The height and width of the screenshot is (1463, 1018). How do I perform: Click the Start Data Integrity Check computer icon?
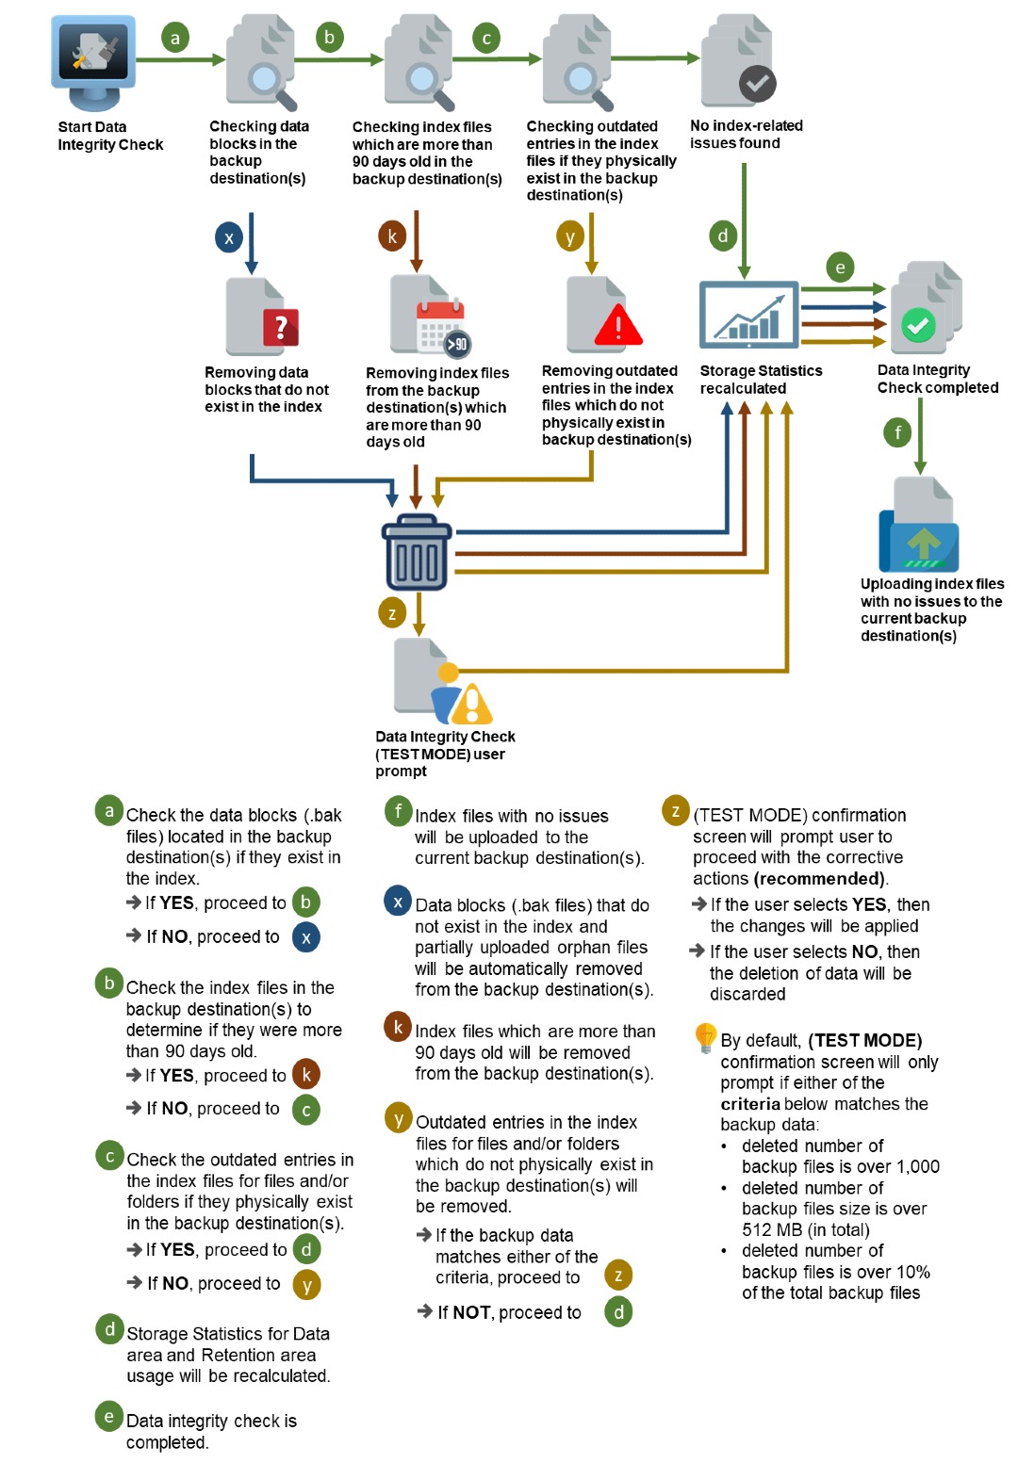(92, 59)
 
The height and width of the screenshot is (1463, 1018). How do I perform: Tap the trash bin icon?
(417, 553)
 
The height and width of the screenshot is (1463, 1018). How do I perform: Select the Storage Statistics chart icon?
(748, 316)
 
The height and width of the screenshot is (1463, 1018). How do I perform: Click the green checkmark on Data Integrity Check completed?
(918, 326)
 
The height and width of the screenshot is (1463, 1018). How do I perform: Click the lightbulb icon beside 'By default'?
(705, 1037)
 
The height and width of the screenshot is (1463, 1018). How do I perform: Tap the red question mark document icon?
(280, 327)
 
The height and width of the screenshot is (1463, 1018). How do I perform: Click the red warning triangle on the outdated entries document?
(618, 325)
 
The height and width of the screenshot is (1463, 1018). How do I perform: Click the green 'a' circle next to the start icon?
(174, 39)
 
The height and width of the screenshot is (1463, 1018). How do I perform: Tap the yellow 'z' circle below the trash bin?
(392, 613)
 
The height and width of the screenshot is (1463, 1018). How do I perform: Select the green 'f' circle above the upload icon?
(897, 432)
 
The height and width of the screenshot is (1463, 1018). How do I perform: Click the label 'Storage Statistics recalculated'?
(761, 380)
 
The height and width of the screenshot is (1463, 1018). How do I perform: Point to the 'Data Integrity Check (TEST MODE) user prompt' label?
(445, 754)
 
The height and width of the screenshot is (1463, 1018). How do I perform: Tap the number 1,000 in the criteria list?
(918, 1167)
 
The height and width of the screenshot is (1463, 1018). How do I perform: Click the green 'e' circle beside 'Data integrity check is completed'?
(109, 1417)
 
